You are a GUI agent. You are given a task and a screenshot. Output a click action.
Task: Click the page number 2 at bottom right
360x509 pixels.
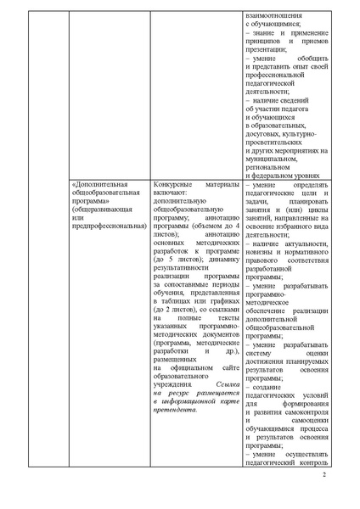pos(324,486)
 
